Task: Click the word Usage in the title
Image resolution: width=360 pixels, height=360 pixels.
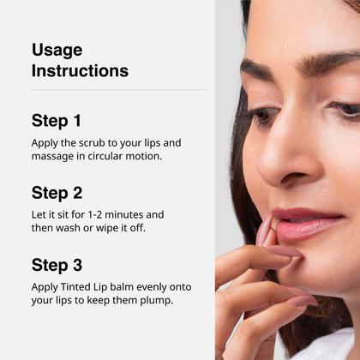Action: [57, 50]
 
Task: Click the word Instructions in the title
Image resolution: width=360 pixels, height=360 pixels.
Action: [80, 71]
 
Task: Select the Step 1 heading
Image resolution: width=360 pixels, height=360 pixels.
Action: [57, 121]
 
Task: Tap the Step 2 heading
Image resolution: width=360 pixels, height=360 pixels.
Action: [57, 193]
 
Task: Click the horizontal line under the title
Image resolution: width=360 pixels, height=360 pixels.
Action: [119, 90]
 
